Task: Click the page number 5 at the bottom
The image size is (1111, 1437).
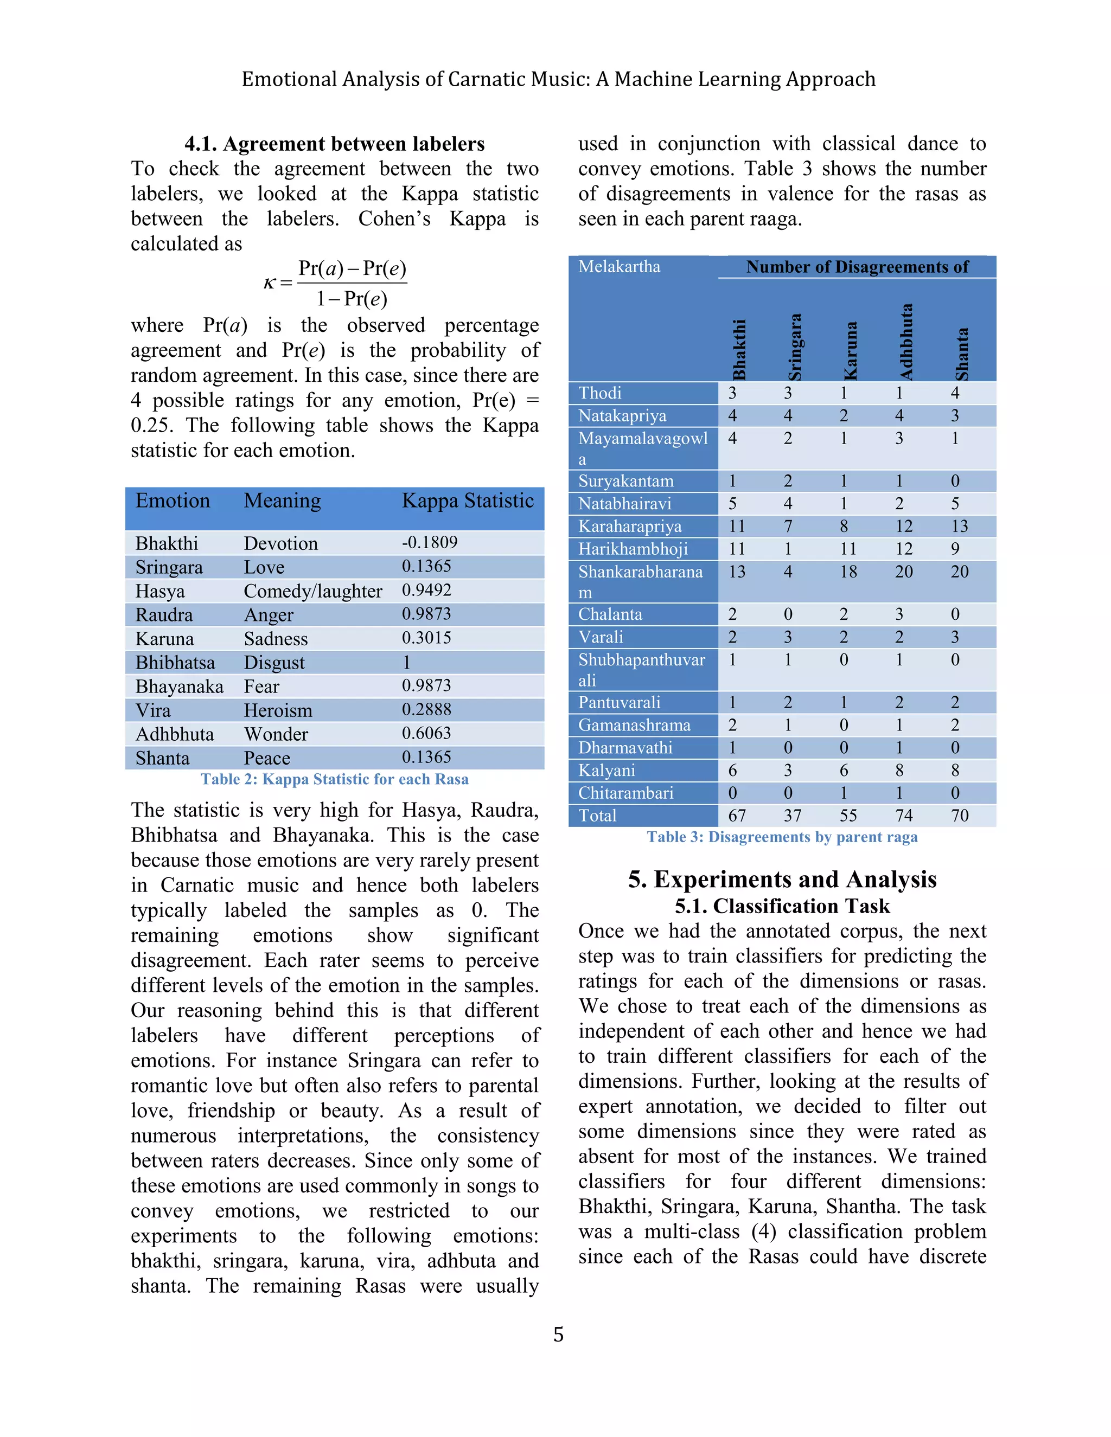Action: (x=558, y=1335)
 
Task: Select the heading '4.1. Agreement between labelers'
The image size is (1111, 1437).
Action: (x=334, y=144)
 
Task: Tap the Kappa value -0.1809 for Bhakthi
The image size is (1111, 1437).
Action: (x=430, y=542)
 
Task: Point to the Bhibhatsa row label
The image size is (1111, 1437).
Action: (x=175, y=663)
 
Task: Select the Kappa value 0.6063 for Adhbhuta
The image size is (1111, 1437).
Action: (x=426, y=733)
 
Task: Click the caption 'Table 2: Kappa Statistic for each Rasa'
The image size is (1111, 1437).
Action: (x=334, y=779)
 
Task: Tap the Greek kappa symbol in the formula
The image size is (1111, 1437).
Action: (x=269, y=283)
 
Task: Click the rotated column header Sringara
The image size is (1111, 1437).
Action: (x=795, y=346)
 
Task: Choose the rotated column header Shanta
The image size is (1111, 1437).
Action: (x=962, y=354)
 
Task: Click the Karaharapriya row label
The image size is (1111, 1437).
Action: (x=629, y=527)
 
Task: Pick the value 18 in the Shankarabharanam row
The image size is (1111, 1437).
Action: (x=848, y=572)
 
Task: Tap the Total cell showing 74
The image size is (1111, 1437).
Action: (x=904, y=816)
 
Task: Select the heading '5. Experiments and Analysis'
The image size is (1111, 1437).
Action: (x=782, y=879)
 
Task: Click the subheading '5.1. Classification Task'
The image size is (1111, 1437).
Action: (x=782, y=907)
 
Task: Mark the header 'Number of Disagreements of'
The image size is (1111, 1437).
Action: (x=857, y=267)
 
